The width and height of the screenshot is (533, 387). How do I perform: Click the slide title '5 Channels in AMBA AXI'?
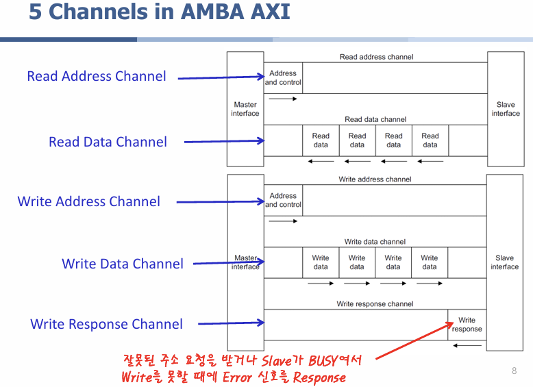160,12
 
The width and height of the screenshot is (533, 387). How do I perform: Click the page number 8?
514,371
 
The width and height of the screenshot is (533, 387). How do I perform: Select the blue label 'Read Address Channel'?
97,76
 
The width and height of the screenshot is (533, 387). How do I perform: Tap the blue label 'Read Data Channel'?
108,142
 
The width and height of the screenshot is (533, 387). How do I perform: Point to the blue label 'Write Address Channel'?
89,201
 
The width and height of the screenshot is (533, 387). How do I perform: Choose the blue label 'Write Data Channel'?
123,264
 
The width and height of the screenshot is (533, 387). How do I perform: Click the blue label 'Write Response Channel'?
106,324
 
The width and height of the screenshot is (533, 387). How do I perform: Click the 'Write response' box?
467,325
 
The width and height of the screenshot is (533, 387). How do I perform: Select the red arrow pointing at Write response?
414,340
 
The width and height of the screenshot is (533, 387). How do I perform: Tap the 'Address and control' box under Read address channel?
283,78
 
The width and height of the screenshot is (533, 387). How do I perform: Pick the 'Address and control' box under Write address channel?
283,200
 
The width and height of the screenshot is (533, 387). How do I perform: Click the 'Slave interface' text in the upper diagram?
506,109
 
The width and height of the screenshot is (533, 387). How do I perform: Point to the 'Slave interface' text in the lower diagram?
505,262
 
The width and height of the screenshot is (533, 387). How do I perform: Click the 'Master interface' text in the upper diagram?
245,109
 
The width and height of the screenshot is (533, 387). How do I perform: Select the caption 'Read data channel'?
375,119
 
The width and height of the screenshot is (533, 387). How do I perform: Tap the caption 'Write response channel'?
375,303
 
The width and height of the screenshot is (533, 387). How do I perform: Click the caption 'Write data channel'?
375,242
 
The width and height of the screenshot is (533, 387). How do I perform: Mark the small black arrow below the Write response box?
467,345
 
